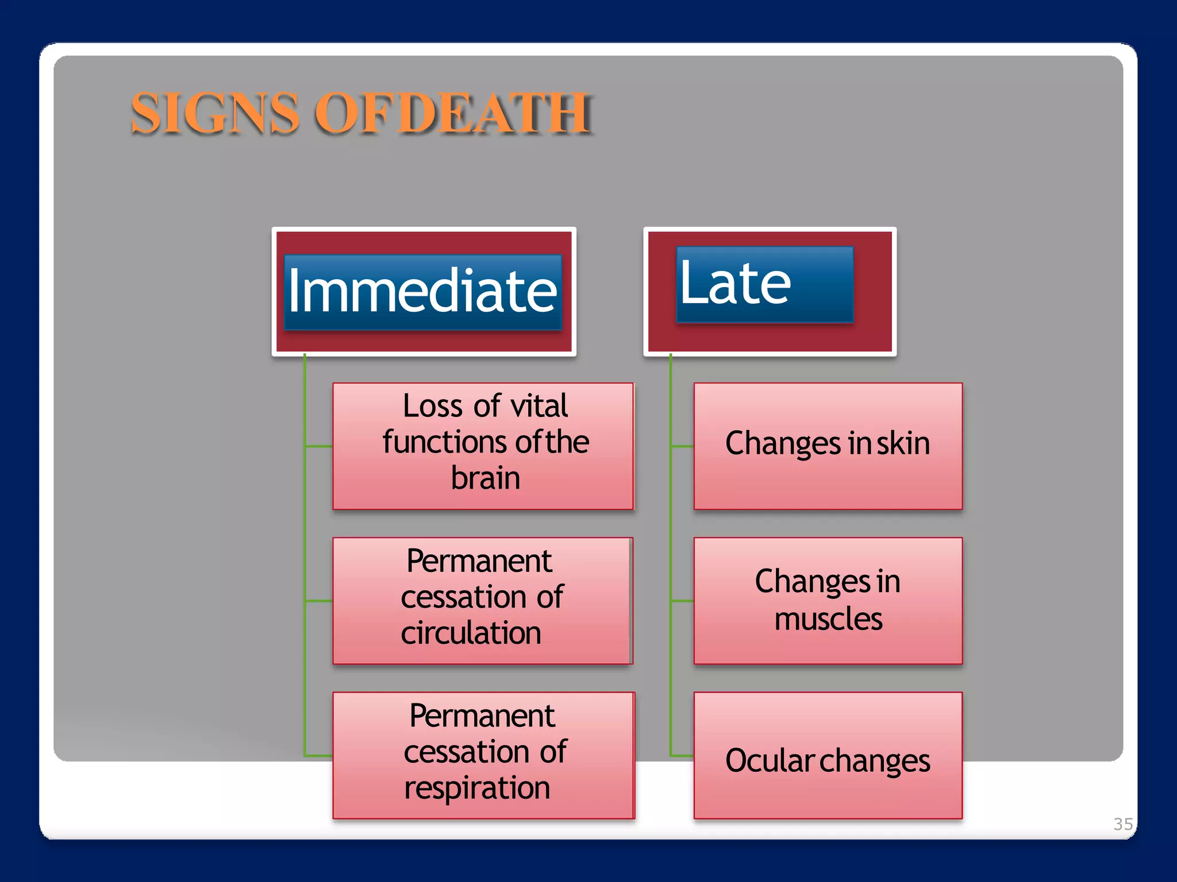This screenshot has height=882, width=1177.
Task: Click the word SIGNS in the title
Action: pyautogui.click(x=216, y=113)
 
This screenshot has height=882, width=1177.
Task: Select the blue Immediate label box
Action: pyautogui.click(x=422, y=292)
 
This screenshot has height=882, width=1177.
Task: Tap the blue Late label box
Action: pyautogui.click(x=764, y=284)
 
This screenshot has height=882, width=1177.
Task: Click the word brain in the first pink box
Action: pyautogui.click(x=486, y=478)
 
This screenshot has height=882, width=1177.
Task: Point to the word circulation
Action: pyautogui.click(x=471, y=633)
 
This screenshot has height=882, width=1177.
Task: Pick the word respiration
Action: pyautogui.click(x=477, y=788)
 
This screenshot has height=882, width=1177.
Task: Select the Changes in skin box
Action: pyautogui.click(x=828, y=446)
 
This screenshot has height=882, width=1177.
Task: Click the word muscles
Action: pyautogui.click(x=828, y=619)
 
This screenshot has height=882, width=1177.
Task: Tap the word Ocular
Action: pyautogui.click(x=770, y=761)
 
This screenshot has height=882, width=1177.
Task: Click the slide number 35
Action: pyautogui.click(x=1123, y=824)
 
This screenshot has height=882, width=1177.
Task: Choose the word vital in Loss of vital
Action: pyautogui.click(x=539, y=406)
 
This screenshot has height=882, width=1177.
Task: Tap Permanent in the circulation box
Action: pyautogui.click(x=479, y=561)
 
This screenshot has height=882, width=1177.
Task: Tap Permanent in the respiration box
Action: pyautogui.click(x=482, y=716)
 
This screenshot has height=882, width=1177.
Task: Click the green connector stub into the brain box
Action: pyautogui.click(x=318, y=446)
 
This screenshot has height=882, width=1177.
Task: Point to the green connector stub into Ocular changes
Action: pyautogui.click(x=682, y=756)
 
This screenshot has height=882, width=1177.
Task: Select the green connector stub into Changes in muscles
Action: pyautogui.click(x=682, y=601)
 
